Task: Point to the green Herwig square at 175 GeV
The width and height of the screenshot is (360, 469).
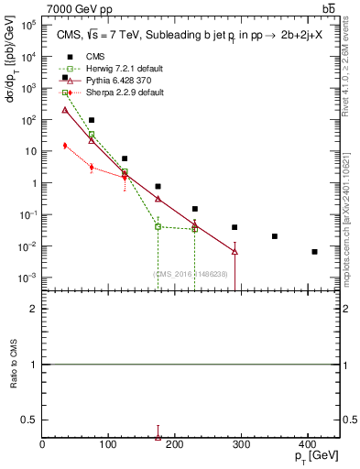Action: pyautogui.click(x=158, y=226)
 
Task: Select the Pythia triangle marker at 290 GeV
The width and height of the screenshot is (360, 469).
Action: pyautogui.click(x=235, y=251)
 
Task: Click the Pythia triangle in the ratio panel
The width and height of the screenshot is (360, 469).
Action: pyautogui.click(x=158, y=438)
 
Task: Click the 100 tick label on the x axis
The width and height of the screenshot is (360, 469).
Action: pyautogui.click(x=108, y=444)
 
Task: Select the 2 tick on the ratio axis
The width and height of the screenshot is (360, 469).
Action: pyautogui.click(x=36, y=309)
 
